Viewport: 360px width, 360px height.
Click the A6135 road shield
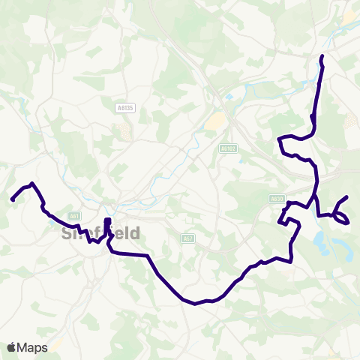tap(125, 108)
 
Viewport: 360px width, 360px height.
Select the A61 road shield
tap(73, 216)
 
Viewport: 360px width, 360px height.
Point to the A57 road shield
tap(188, 238)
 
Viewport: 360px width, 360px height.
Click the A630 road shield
tap(277, 199)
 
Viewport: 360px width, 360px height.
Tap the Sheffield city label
tap(98, 233)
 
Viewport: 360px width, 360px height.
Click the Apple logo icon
tap(11, 347)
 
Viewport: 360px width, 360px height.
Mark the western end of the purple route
tap(13, 199)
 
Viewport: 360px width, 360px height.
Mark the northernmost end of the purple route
tap(322, 57)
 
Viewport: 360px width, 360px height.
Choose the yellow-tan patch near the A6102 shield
tap(215, 120)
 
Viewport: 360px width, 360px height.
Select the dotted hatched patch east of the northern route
tap(350, 120)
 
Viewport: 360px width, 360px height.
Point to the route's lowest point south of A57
tap(194, 304)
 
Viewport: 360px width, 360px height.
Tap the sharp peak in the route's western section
tap(31, 183)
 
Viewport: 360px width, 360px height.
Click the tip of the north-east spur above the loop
tap(346, 197)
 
